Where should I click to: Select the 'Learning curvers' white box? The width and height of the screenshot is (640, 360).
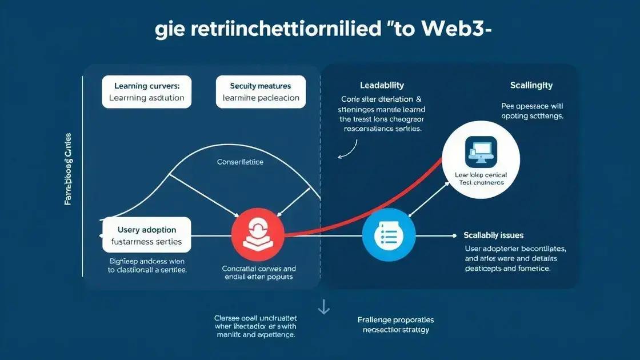tap(147, 92)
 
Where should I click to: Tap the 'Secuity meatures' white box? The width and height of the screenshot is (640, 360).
tap(261, 92)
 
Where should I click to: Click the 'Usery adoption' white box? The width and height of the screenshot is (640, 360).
tap(147, 235)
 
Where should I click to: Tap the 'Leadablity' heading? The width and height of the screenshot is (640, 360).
tap(382, 86)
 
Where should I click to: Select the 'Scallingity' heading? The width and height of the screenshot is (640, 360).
tap(531, 86)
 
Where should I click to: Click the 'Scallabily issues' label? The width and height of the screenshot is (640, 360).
tap(494, 235)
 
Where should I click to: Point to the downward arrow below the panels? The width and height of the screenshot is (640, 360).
tap(323, 307)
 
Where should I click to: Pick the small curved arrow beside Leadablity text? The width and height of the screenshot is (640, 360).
tap(345, 150)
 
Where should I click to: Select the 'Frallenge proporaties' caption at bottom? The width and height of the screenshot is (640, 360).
tap(395, 320)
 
